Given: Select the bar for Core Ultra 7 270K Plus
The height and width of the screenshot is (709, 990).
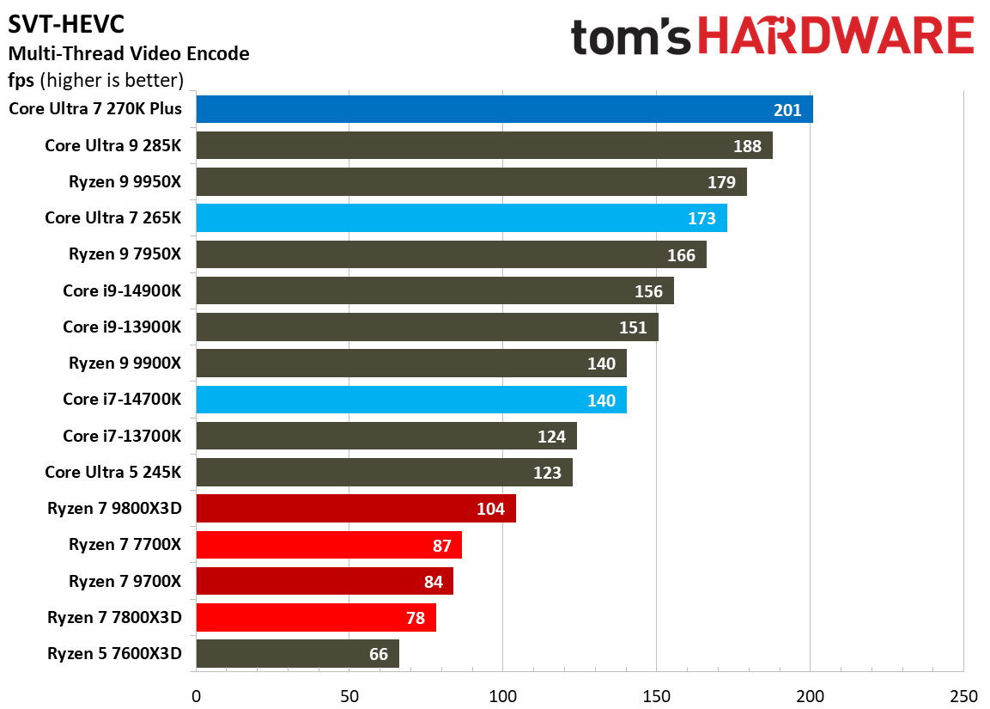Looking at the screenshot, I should [504, 110].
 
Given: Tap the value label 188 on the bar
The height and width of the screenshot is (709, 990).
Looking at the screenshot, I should [747, 146].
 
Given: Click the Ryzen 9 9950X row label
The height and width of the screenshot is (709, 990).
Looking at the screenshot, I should [125, 182].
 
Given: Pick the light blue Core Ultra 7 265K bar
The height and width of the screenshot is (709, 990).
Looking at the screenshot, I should [461, 218].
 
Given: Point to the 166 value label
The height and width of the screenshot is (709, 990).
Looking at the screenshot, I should [681, 255].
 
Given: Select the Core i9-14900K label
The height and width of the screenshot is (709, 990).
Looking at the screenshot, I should [122, 291].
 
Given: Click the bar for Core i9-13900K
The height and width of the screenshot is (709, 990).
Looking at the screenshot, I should [427, 327].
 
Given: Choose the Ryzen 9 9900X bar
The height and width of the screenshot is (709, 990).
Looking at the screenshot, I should [410, 364].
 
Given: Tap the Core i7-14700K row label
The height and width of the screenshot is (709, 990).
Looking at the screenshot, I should [122, 400].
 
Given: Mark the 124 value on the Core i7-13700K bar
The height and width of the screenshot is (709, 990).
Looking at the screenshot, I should [551, 437].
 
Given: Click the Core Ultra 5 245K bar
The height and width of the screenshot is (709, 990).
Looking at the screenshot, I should [384, 473].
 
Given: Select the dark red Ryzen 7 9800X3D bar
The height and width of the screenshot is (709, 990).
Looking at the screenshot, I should [355, 509].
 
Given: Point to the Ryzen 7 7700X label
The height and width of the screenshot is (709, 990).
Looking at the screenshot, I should [125, 545].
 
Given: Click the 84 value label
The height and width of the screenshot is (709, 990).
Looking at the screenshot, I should [433, 582].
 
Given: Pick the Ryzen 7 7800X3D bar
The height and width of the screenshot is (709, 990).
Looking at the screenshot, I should [316, 618].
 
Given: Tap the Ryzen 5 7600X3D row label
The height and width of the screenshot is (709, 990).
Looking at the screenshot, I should [115, 654].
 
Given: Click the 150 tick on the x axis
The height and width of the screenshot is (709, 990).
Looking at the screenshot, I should [656, 694].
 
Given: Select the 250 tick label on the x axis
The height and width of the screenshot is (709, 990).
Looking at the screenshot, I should [963, 694].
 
